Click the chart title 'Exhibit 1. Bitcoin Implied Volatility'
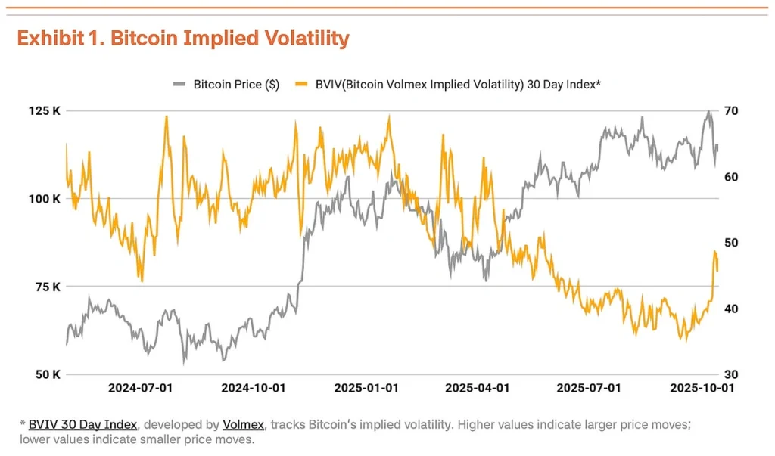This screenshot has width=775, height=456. (x=183, y=39)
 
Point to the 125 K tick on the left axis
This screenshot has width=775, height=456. (x=45, y=111)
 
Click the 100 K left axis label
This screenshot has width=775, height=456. (x=45, y=199)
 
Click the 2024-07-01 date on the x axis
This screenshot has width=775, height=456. (x=141, y=388)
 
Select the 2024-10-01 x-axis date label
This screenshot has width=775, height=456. (x=253, y=388)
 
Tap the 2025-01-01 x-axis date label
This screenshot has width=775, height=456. (x=366, y=388)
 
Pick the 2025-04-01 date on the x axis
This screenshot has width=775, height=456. (x=477, y=388)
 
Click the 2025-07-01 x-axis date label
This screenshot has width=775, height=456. (x=589, y=388)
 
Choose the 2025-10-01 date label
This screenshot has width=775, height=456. (x=701, y=388)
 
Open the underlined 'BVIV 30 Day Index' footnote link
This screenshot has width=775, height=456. (x=82, y=424)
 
